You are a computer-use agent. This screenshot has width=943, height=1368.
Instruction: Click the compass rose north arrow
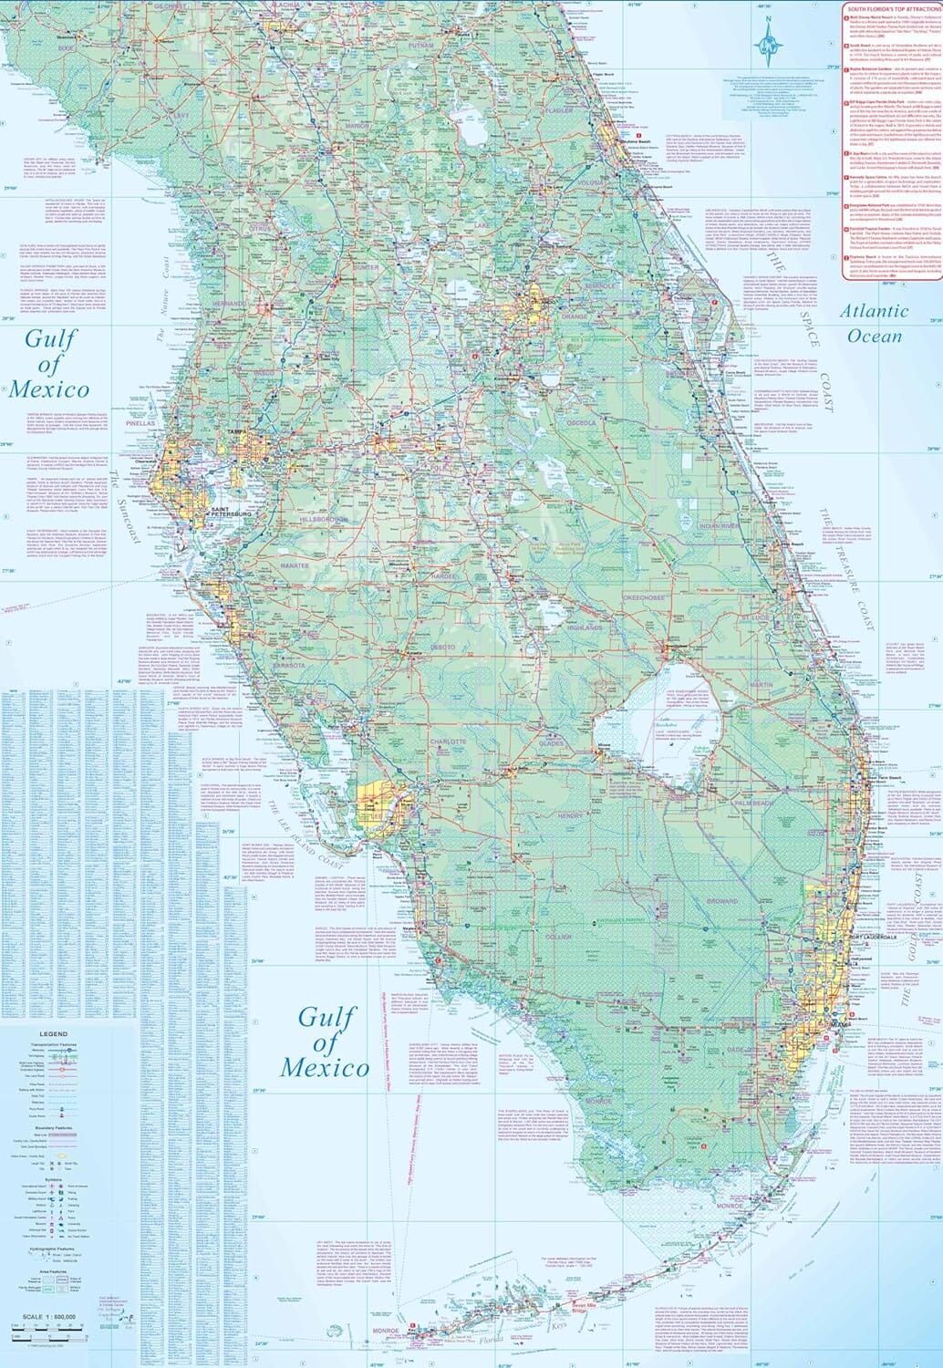772,38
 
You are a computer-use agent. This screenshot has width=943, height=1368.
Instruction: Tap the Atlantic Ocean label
874,324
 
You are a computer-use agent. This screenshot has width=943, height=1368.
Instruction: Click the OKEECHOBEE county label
647,596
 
